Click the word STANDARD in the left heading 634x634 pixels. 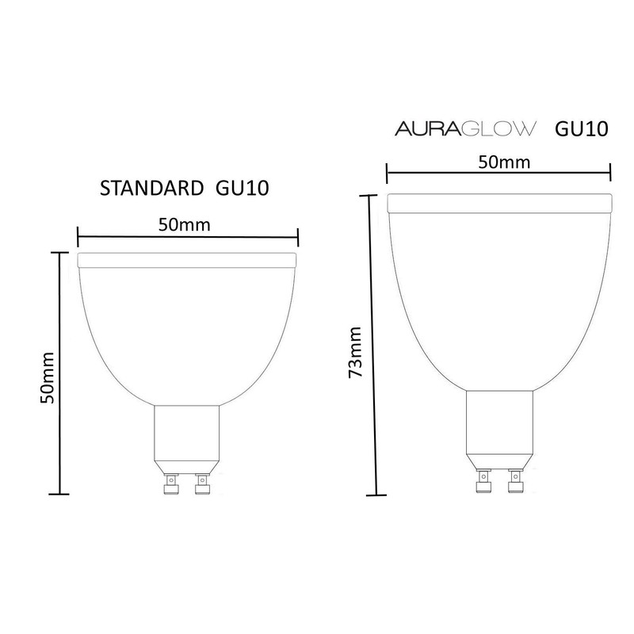tap(151, 189)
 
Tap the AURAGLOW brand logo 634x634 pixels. tap(465, 129)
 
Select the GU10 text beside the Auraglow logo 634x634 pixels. tap(582, 129)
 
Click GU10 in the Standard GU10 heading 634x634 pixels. tap(243, 189)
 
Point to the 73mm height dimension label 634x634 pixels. tap(355, 352)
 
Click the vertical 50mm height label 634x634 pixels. tap(47, 378)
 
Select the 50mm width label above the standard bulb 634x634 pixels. tap(185, 225)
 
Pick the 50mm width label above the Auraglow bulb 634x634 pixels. tap(504, 162)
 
